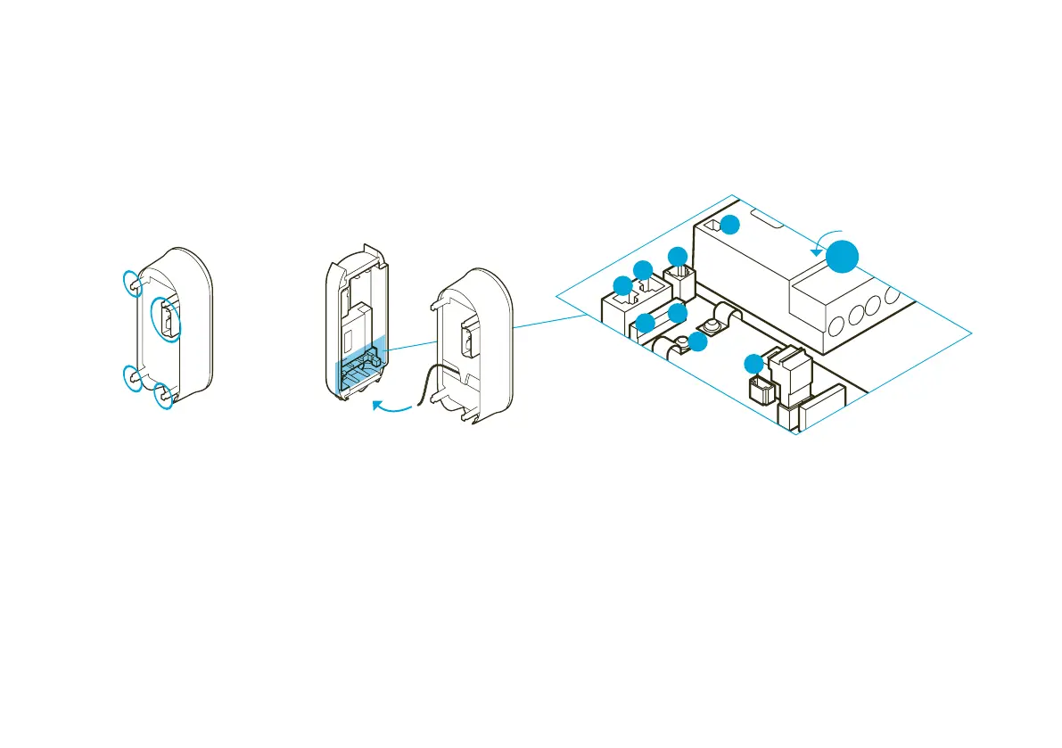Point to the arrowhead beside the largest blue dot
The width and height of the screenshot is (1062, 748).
coord(816,251)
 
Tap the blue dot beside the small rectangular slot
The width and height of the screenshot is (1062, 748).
coord(729,225)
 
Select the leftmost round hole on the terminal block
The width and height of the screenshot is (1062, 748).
coord(835,325)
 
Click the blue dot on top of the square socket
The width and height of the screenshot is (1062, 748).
coord(678,256)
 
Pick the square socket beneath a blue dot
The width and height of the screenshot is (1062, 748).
coord(679,283)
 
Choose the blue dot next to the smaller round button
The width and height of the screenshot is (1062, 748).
coord(697,341)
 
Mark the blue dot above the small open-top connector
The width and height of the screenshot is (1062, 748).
coord(754,363)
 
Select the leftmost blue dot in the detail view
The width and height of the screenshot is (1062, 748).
coord(622,286)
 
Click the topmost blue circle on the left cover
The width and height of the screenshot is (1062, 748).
coord(132,283)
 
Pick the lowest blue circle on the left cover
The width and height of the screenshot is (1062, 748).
coord(164,397)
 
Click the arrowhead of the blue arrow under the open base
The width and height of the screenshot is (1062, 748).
coord(376,406)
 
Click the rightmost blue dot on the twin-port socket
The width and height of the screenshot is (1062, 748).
coord(643,270)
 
